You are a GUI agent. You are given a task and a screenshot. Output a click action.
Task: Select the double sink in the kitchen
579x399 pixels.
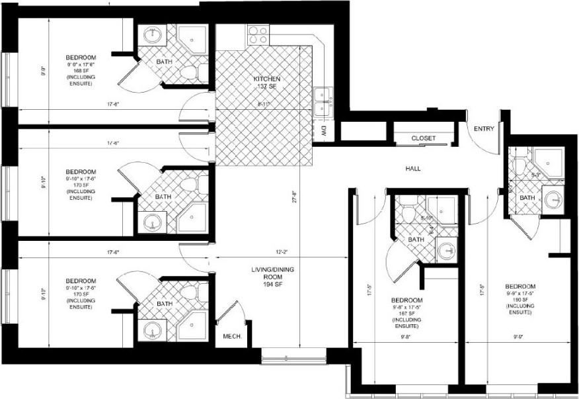pyautogui.click(x=323, y=102)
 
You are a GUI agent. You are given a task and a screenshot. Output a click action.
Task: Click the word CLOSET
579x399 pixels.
pyautogui.click(x=423, y=138)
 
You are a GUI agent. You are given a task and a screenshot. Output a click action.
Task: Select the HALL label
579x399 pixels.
pyautogui.click(x=413, y=169)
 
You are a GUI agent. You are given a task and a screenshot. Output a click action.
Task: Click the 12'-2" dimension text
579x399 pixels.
pyautogui.click(x=281, y=251)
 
